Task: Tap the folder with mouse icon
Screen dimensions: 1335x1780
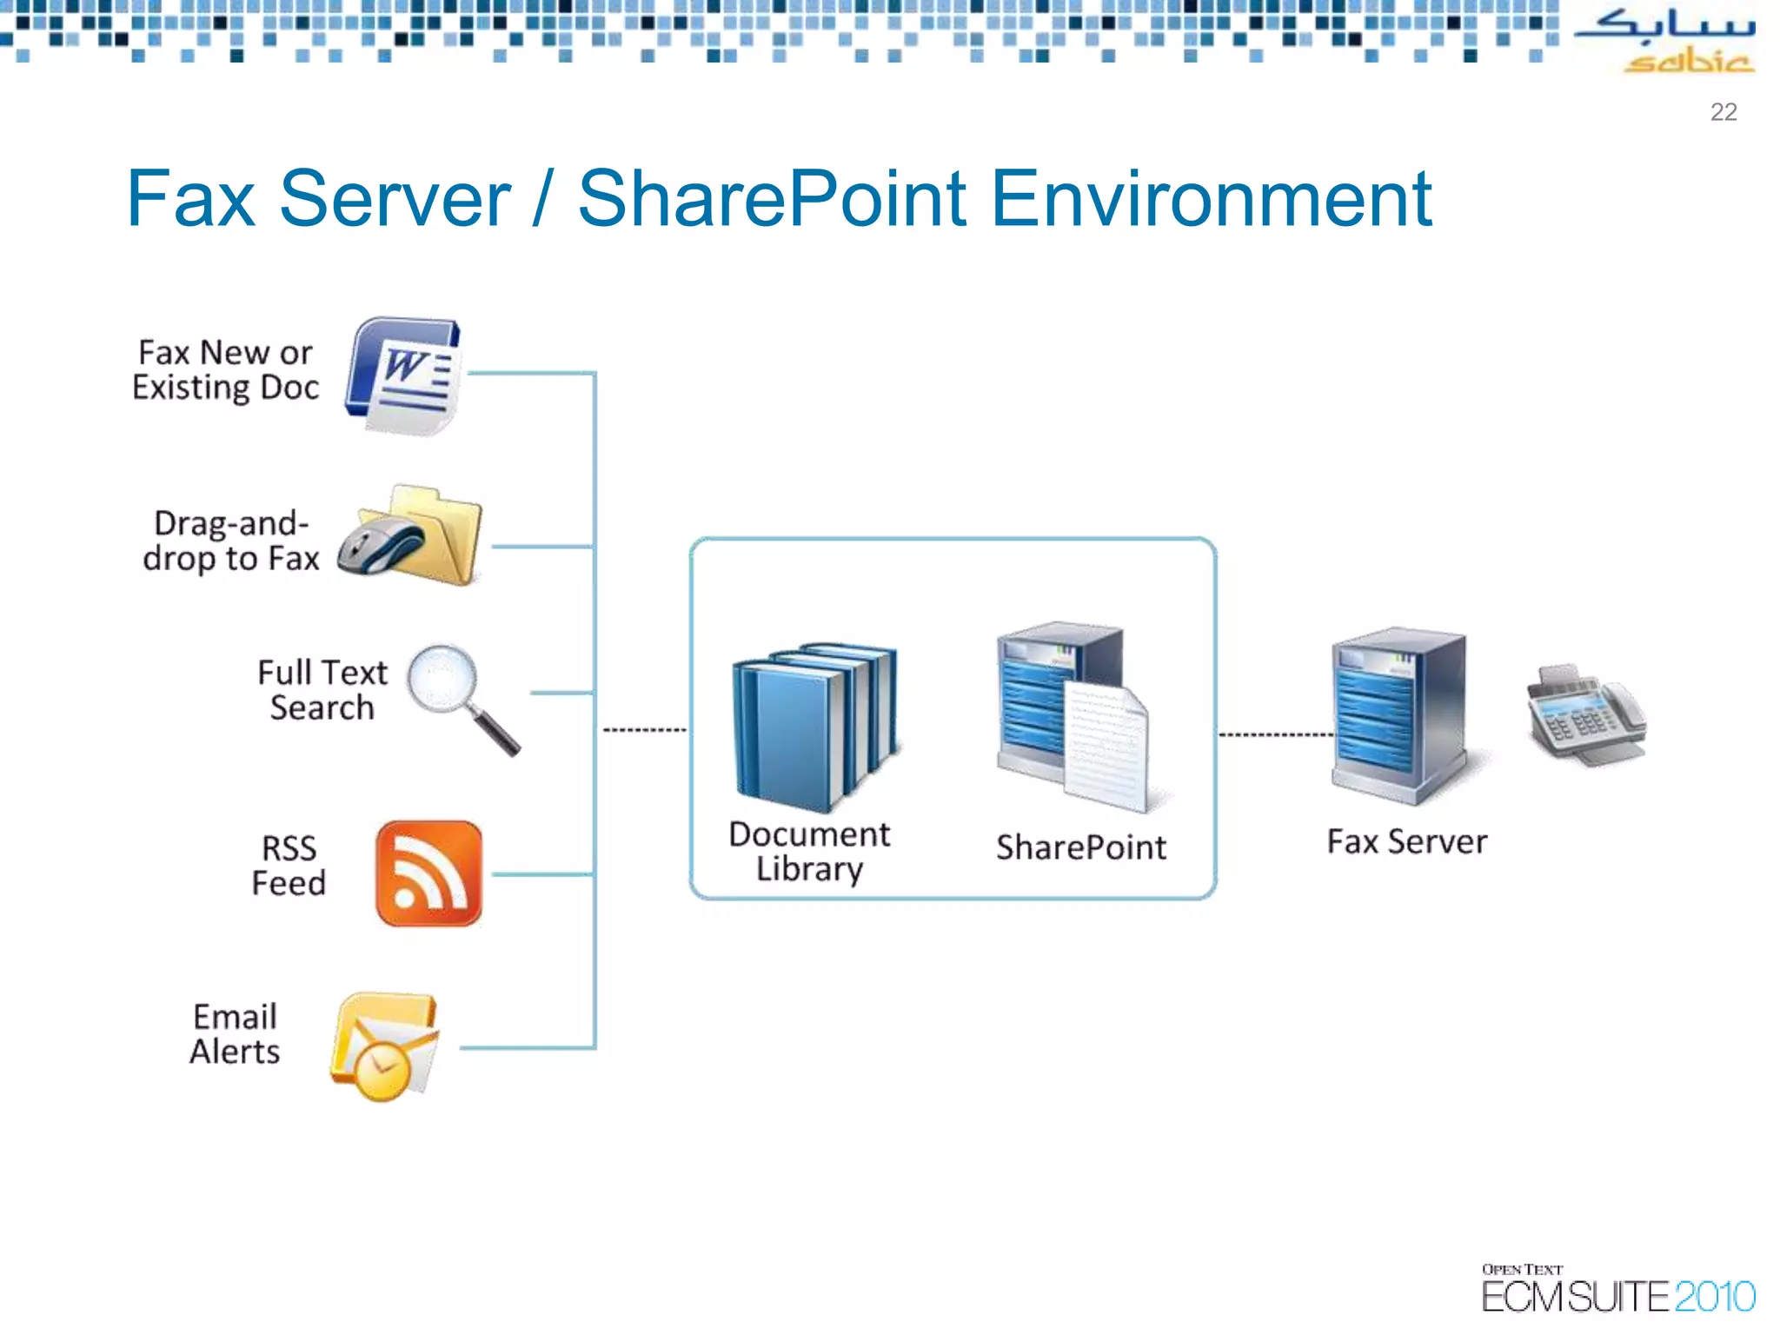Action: click(410, 536)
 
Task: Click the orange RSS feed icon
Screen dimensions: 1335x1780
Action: click(429, 873)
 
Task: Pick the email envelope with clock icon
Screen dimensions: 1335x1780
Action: click(385, 1047)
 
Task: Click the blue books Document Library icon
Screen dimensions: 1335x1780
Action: click(813, 726)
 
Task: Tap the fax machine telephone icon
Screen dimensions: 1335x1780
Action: click(1585, 716)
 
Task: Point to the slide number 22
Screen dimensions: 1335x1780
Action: click(1723, 112)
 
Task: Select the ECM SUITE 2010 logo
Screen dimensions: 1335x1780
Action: click(1617, 1291)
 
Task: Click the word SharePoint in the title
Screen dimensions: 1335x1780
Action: click(772, 200)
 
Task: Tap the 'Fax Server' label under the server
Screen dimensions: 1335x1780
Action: click(1406, 842)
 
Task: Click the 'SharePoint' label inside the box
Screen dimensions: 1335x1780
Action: click(1080, 847)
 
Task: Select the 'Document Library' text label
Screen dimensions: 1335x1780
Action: click(809, 852)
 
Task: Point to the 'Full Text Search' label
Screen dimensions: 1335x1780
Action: click(322, 690)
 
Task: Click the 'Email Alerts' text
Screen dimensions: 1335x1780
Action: click(235, 1034)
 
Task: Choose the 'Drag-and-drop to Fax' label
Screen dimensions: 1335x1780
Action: click(231, 541)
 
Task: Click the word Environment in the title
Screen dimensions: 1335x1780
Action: click(1211, 200)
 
